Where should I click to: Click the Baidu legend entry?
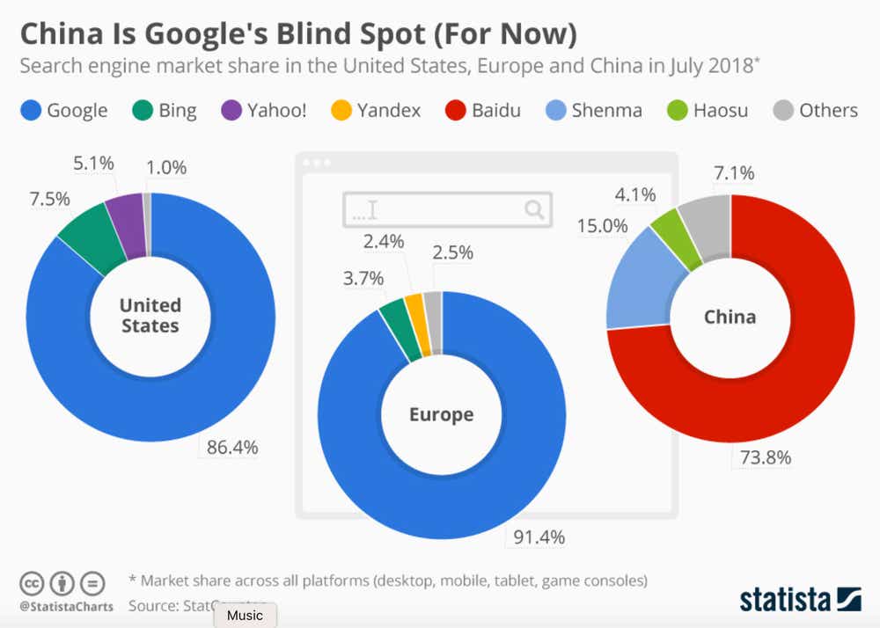click(x=484, y=111)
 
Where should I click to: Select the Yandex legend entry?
click(x=376, y=111)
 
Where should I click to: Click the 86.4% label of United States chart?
click(x=232, y=447)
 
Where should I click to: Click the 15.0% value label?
click(x=602, y=226)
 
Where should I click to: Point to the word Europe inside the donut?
click(x=441, y=414)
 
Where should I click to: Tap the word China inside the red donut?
click(x=730, y=317)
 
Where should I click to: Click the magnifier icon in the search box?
click(x=534, y=209)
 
